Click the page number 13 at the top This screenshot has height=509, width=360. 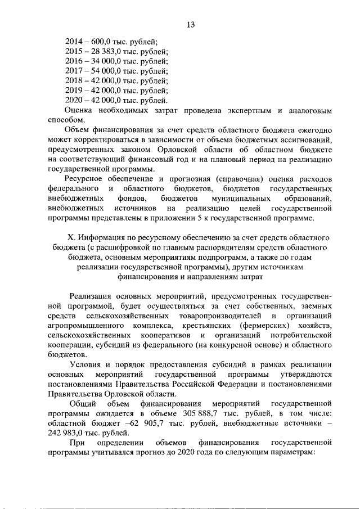191,24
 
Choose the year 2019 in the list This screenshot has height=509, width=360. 74,90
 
